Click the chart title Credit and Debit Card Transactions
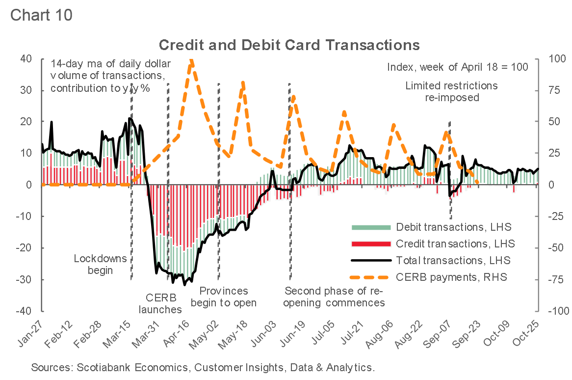point(289,45)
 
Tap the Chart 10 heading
point(41,15)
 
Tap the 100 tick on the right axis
point(550,58)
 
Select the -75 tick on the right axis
point(550,280)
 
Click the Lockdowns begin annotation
point(100,264)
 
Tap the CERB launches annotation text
point(160,303)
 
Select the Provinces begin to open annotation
point(224,297)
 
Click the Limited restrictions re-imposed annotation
point(451,91)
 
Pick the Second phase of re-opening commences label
point(335,297)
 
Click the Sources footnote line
point(203,367)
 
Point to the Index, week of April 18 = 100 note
point(457,67)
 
